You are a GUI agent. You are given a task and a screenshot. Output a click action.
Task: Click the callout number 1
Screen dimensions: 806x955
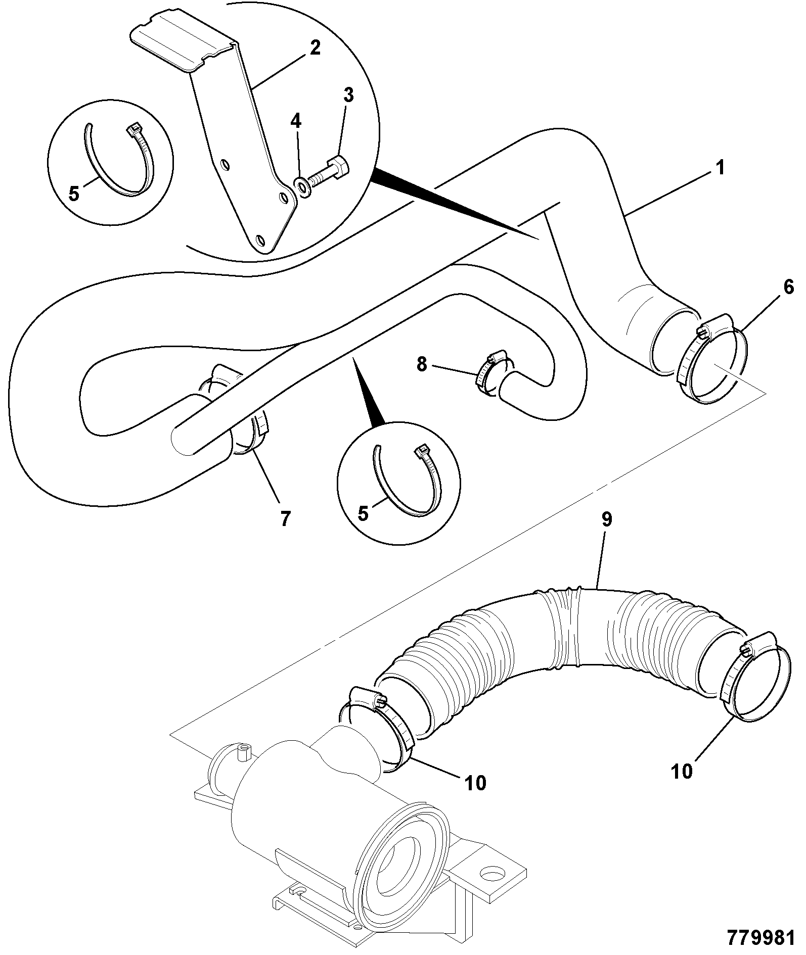720,167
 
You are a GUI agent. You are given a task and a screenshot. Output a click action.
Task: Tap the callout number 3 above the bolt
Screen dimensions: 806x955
349,95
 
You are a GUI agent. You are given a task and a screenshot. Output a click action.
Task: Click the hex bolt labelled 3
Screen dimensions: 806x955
329,171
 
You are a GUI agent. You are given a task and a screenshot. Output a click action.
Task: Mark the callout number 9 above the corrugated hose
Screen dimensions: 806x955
606,520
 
